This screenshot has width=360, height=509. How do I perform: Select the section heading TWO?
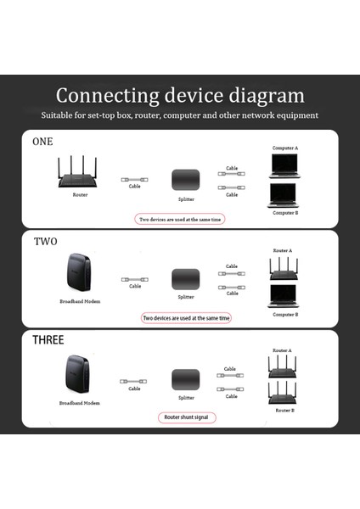point(46,242)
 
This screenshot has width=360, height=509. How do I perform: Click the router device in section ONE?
point(80,173)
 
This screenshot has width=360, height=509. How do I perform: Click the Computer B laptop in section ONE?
point(285,196)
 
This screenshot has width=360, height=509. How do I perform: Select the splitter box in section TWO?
point(185,279)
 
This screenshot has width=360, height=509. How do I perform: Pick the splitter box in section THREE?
point(185,380)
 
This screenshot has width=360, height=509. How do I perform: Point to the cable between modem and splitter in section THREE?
point(135,382)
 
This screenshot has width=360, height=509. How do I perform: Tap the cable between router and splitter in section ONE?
point(135,180)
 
